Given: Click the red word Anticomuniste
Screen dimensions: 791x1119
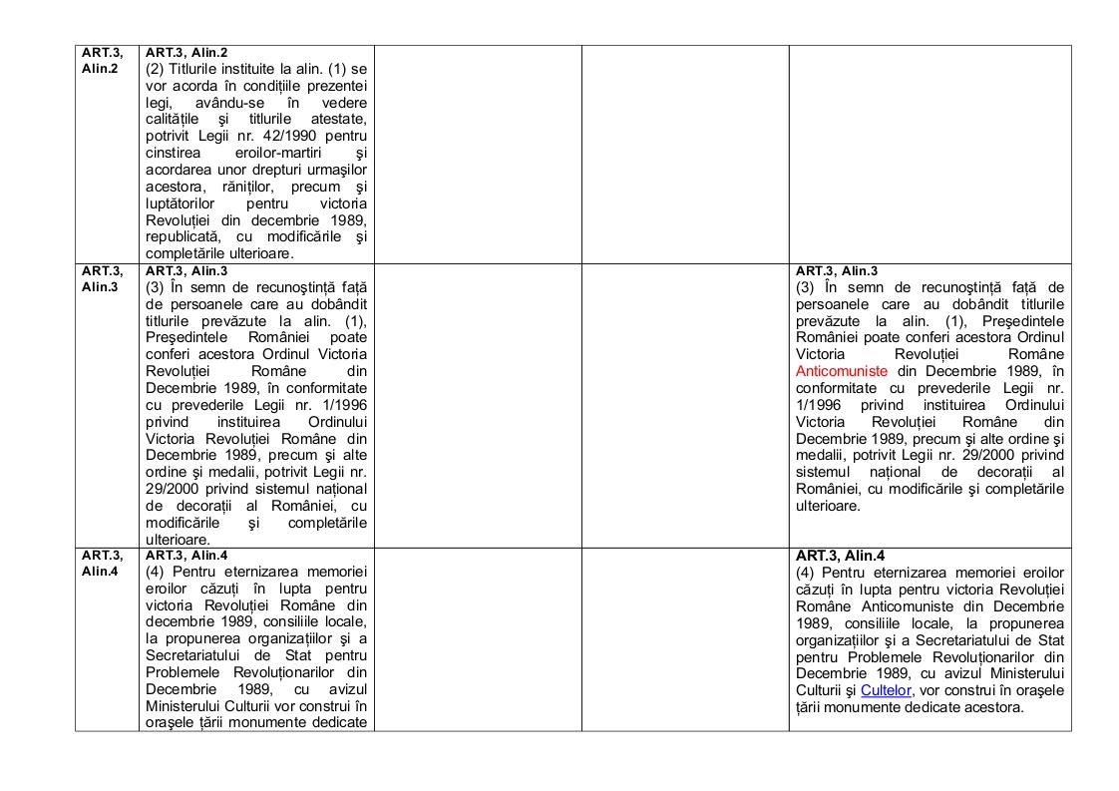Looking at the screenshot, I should pyautogui.click(x=834, y=371).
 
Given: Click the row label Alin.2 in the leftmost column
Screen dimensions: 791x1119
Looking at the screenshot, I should pyautogui.click(x=100, y=69).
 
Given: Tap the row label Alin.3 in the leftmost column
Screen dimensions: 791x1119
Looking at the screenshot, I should pyautogui.click(x=100, y=287).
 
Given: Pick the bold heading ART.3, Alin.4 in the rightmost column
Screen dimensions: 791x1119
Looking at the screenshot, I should pyautogui.click(x=841, y=557).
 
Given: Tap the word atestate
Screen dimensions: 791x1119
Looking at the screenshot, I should pyautogui.click(x=338, y=119).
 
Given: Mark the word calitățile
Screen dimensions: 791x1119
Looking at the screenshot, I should pyautogui.click(x=176, y=119).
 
